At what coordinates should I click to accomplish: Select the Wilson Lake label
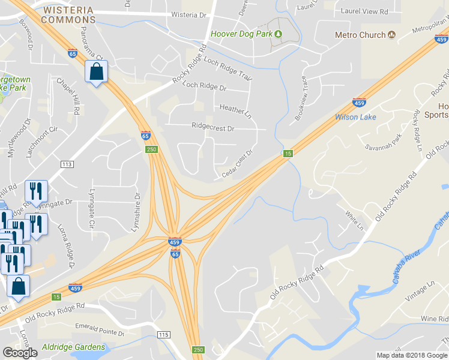point(355,117)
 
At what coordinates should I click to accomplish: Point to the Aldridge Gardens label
point(73,347)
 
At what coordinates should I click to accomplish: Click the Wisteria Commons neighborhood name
point(68,14)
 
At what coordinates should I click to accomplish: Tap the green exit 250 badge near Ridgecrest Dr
point(152,149)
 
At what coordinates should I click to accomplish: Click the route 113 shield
point(67,164)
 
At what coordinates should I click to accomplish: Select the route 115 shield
point(163,334)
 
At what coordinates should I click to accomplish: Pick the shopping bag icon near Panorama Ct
point(96,73)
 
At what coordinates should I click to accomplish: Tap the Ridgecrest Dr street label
point(212,127)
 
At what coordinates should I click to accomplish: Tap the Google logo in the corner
point(20,353)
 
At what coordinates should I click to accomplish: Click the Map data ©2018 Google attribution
point(412,355)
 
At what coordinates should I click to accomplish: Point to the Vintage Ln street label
point(420,293)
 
